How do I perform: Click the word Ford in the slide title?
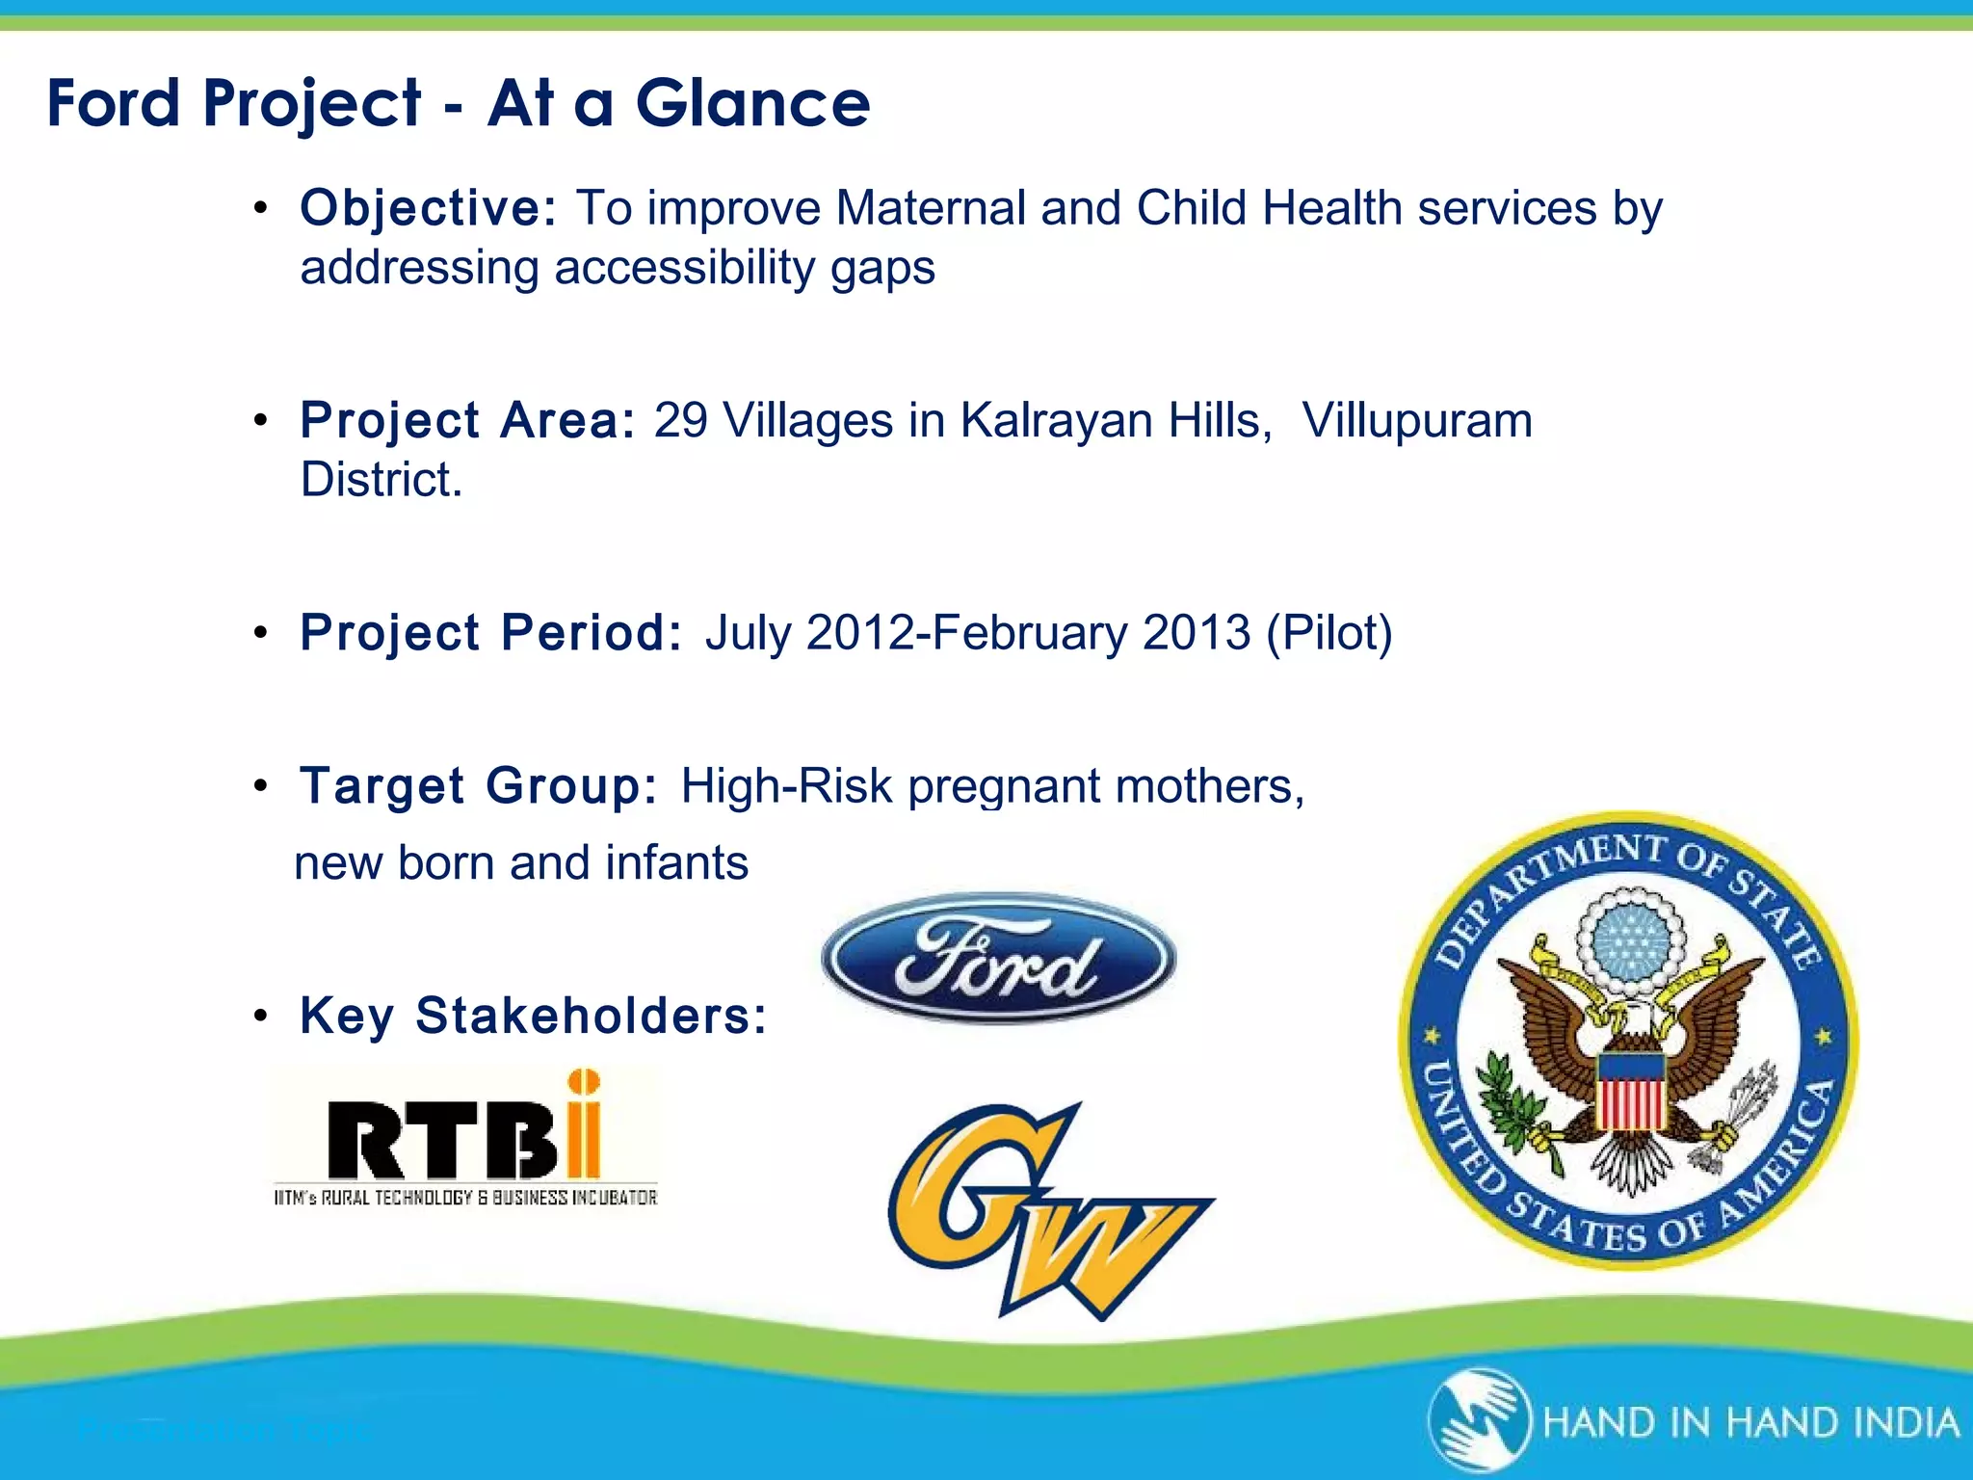(x=113, y=103)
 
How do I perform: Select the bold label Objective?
(x=428, y=209)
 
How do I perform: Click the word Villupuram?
(x=1416, y=421)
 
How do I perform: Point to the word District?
(x=381, y=480)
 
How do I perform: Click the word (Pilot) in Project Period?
(x=1329, y=633)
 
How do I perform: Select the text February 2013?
(x=1091, y=633)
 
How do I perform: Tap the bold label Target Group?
(x=479, y=786)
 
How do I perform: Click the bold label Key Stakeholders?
(x=533, y=1016)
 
